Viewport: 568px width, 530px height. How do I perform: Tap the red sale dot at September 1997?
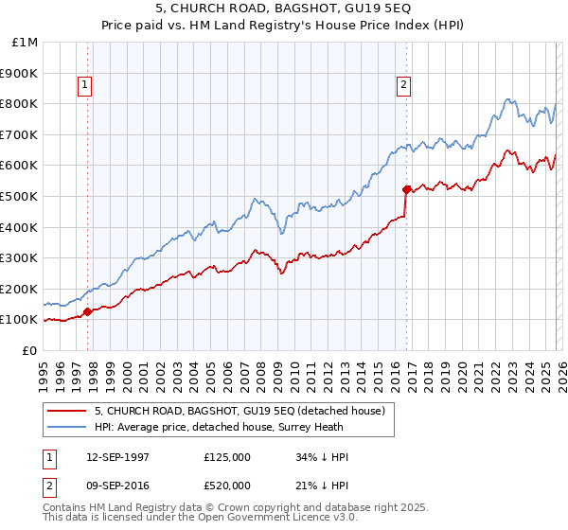[x=87, y=311]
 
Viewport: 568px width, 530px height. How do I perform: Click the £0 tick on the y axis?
[x=30, y=350]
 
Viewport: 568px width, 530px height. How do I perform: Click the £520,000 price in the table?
[x=226, y=486]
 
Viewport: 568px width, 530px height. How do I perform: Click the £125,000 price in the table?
[x=226, y=457]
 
